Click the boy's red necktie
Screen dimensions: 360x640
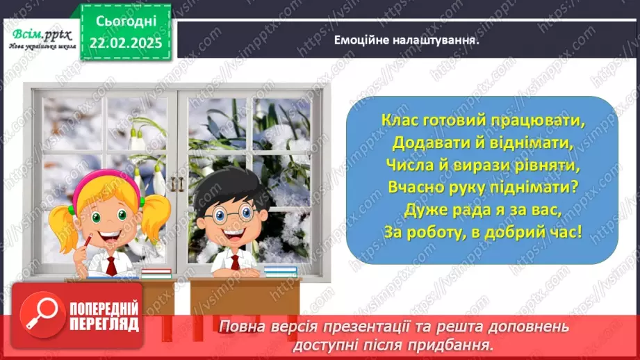(236, 261)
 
